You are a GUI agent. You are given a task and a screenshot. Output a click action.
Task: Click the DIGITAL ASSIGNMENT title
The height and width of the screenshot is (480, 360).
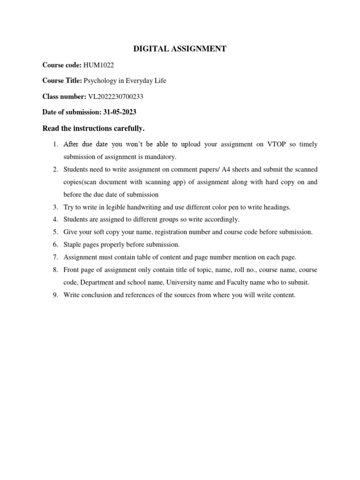point(180,49)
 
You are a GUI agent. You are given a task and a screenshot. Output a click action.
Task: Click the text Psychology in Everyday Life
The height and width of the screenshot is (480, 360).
point(125,81)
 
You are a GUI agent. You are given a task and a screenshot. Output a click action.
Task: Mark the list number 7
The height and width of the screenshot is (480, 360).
point(55,257)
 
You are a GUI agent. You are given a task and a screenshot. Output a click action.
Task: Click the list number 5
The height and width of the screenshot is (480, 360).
point(55,232)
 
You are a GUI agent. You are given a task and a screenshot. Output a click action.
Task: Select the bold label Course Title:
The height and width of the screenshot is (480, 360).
point(62,81)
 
